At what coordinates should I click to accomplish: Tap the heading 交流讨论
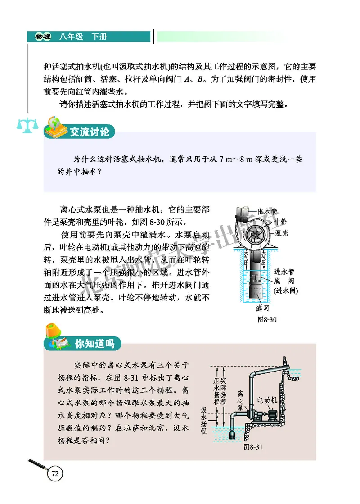pyautogui.click(x=89, y=132)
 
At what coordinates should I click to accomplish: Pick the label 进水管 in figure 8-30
pyautogui.click(x=284, y=272)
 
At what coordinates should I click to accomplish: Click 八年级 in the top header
pyautogui.click(x=71, y=36)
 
